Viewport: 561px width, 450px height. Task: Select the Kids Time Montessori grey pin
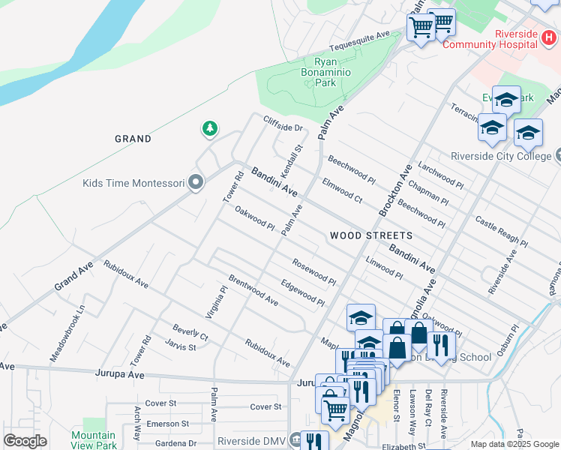pos(196,183)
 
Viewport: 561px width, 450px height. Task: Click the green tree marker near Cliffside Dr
pos(211,130)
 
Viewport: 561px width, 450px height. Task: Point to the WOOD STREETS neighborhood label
pos(370,235)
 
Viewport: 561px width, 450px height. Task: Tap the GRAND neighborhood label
pos(133,139)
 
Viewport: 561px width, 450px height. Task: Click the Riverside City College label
pos(501,156)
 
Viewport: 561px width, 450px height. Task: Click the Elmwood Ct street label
pos(342,190)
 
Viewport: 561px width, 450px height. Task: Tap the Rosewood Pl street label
pos(314,272)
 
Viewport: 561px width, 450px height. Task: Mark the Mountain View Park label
pos(94,439)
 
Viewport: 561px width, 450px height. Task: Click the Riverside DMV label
pos(253,441)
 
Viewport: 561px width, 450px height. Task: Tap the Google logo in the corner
pos(25,441)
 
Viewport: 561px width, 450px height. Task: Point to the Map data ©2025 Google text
pos(514,444)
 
